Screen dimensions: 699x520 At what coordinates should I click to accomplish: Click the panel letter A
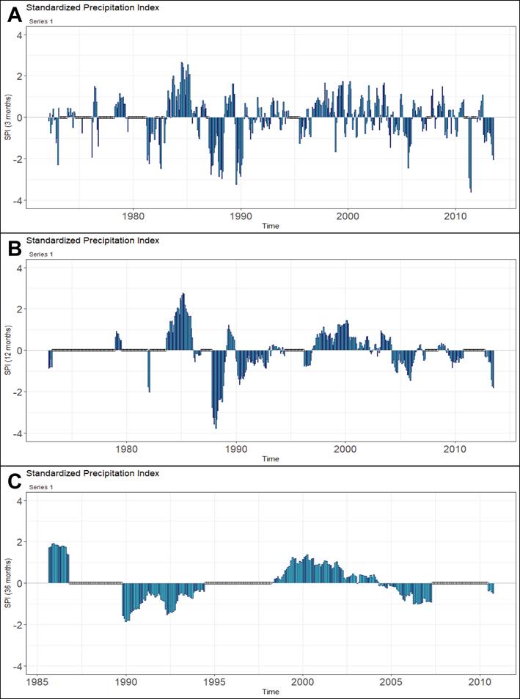click(14, 15)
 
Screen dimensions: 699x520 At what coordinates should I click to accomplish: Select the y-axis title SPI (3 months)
click(7, 117)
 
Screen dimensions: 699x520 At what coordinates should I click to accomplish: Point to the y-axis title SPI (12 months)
click(7, 350)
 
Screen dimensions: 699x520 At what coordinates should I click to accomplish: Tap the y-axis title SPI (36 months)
click(7, 583)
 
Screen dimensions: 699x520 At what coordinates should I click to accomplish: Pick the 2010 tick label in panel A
click(455, 217)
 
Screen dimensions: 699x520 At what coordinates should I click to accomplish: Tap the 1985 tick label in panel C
click(37, 682)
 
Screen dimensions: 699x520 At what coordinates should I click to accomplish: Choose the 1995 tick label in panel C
click(214, 682)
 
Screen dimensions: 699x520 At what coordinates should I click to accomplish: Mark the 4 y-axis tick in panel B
click(20, 268)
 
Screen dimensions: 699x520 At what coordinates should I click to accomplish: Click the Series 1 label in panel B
click(40, 254)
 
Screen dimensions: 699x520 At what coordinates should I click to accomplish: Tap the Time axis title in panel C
click(271, 692)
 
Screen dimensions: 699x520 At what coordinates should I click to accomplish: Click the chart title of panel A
click(92, 8)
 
